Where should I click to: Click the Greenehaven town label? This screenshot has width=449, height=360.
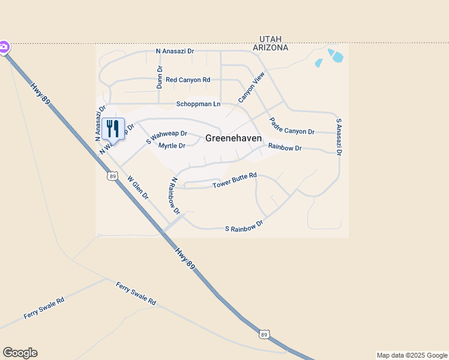[234, 138]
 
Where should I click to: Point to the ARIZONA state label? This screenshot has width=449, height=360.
[270, 47]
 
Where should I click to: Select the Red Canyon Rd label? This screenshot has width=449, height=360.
[188, 80]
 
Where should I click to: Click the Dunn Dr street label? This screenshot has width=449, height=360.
[160, 77]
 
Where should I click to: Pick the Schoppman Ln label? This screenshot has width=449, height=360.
[198, 104]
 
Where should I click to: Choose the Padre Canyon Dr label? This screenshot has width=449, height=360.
[291, 127]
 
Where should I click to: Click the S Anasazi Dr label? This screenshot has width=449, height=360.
[339, 137]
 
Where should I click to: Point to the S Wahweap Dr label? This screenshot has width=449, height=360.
[166, 137]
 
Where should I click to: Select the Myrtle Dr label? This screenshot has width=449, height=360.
[171, 146]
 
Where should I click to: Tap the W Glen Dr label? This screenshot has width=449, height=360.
[138, 187]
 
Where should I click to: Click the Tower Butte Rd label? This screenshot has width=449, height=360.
[235, 181]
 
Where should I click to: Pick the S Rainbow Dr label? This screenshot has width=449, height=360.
[244, 226]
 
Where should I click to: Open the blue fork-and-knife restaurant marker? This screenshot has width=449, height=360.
[113, 128]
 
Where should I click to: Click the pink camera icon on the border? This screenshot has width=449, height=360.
[4, 46]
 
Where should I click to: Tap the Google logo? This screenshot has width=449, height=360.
[20, 353]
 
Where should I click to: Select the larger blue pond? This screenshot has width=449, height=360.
[337, 58]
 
